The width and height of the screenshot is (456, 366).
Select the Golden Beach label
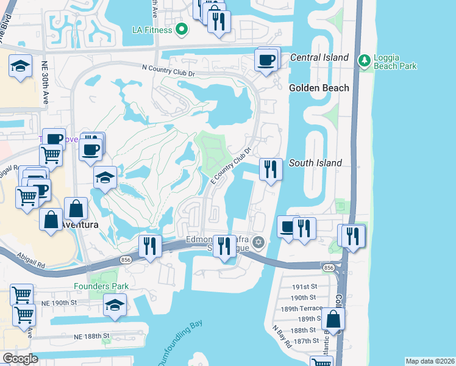319,88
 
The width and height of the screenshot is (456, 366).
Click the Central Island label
319,57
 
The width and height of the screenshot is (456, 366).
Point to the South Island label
315,163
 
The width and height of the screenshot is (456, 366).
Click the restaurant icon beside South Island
270,168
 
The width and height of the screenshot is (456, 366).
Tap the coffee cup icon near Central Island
266,60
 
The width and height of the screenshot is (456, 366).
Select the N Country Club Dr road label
167,71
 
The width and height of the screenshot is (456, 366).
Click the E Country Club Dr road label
231,167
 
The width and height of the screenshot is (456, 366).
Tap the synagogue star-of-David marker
258,243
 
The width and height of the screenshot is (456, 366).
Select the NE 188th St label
91,336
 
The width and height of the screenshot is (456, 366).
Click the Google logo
20,358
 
